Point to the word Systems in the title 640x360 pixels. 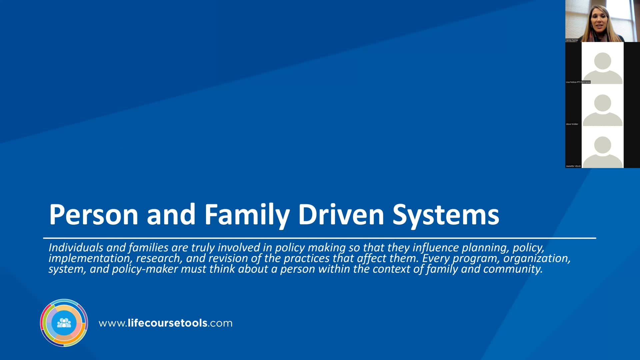(x=446, y=214)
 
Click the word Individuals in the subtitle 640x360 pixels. (x=76, y=247)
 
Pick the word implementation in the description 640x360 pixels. (x=89, y=258)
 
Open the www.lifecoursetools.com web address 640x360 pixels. (x=166, y=323)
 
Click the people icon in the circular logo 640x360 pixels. (x=64, y=323)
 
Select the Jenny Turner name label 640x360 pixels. (x=572, y=40)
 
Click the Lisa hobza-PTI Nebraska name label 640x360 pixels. (x=578, y=82)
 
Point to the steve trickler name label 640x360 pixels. (x=572, y=124)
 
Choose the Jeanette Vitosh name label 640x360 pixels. (x=573, y=166)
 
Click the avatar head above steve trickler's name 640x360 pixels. (x=602, y=103)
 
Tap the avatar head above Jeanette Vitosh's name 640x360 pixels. (x=602, y=145)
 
